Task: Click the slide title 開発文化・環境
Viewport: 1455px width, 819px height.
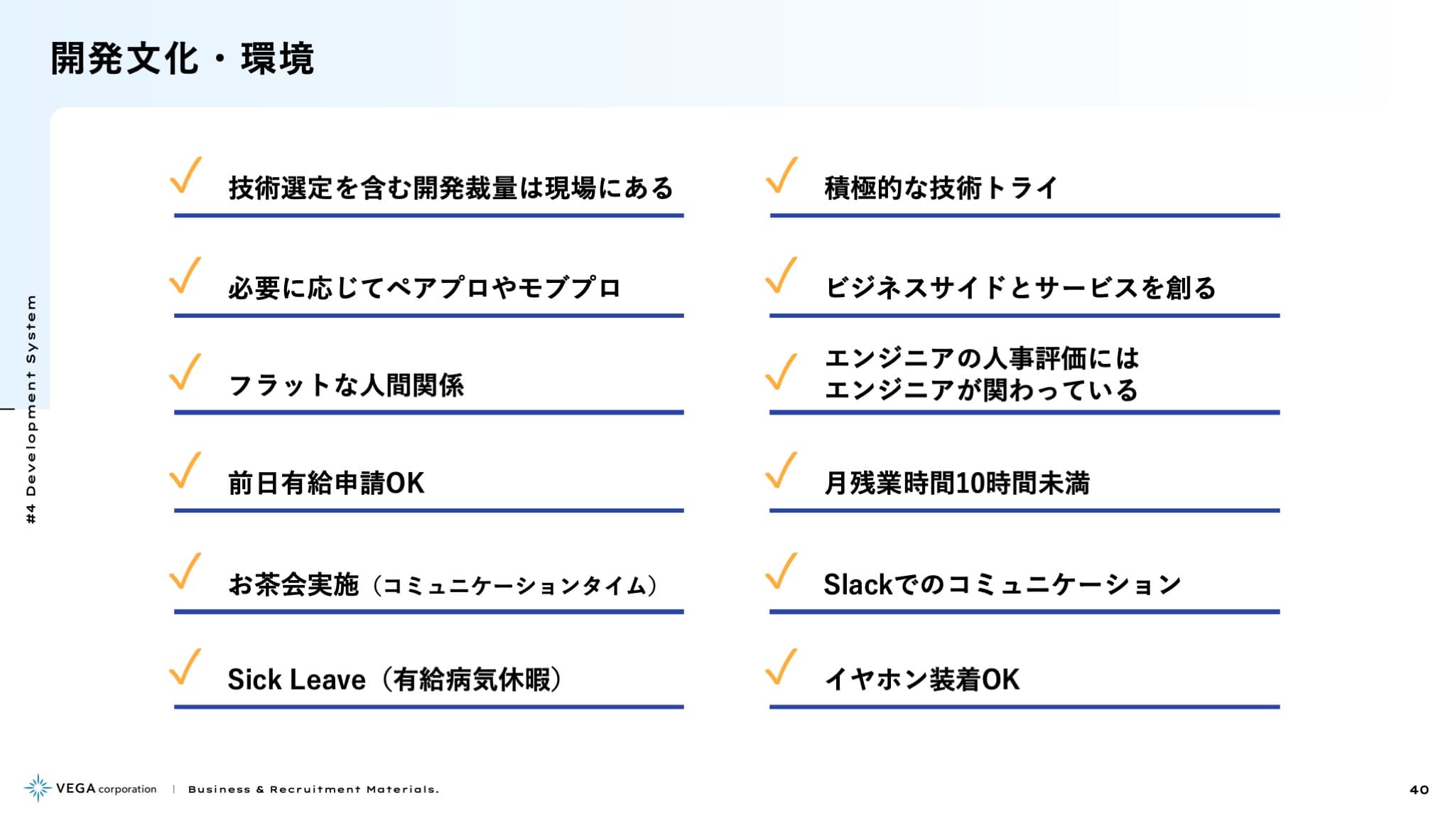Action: [x=182, y=58]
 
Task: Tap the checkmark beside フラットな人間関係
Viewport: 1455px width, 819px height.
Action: [x=185, y=372]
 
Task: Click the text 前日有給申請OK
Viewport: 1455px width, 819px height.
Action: [x=326, y=483]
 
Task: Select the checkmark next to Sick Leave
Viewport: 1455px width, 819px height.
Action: [x=185, y=667]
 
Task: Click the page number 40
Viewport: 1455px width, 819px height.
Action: [x=1419, y=790]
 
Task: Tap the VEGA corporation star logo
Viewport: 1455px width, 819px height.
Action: [x=38, y=788]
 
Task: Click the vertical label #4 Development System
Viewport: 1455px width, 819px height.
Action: [x=31, y=409]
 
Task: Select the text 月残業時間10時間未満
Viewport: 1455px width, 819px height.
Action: [x=957, y=483]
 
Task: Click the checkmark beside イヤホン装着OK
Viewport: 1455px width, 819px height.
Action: [x=781, y=667]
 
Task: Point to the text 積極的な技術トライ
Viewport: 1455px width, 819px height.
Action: [x=941, y=188]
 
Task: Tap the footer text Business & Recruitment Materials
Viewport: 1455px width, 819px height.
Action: [x=313, y=790]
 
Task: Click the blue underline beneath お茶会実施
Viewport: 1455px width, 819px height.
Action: [x=429, y=611]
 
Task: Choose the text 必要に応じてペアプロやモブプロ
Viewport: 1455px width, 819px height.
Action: [x=425, y=288]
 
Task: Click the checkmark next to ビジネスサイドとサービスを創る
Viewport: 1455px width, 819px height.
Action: [x=781, y=275]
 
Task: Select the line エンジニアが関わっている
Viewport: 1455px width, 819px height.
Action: [x=981, y=390]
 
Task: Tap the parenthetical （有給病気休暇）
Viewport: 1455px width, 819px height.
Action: [x=472, y=680]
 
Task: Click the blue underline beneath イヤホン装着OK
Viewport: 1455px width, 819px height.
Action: [x=1024, y=707]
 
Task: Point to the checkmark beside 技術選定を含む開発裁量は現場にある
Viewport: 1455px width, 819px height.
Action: [x=185, y=175]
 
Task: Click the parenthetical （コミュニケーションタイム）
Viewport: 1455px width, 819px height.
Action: [x=515, y=585]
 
